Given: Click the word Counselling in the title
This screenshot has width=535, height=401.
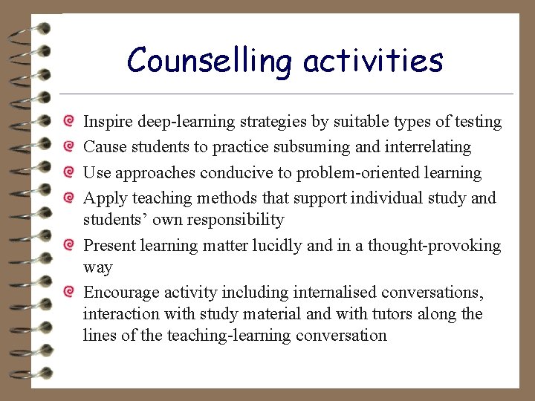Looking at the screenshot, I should [210, 61].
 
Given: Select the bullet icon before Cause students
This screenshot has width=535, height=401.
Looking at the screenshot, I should [68, 147].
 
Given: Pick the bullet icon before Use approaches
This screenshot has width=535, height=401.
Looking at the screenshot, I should [68, 173].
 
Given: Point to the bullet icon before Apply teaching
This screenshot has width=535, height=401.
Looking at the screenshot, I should [68, 198].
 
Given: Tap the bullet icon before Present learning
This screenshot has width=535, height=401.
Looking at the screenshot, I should [68, 246].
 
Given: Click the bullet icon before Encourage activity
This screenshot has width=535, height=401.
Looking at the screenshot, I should [68, 293].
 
